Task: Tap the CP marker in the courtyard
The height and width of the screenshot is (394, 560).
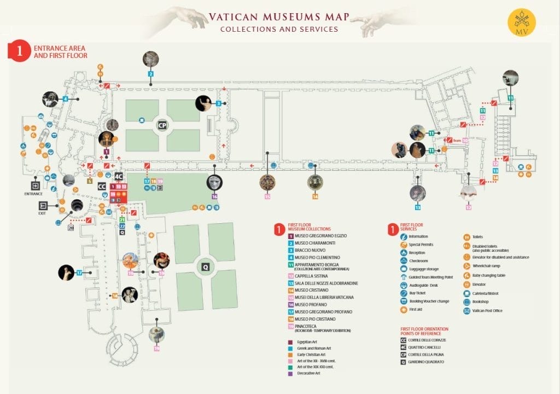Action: point(162,125)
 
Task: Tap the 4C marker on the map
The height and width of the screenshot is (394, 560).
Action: point(119,176)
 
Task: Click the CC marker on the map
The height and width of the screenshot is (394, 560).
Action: point(102,187)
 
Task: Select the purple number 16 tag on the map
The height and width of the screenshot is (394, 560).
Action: point(214,196)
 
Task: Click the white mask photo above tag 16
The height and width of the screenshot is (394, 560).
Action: point(214,182)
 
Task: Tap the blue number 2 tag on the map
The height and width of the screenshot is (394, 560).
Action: point(150,73)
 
